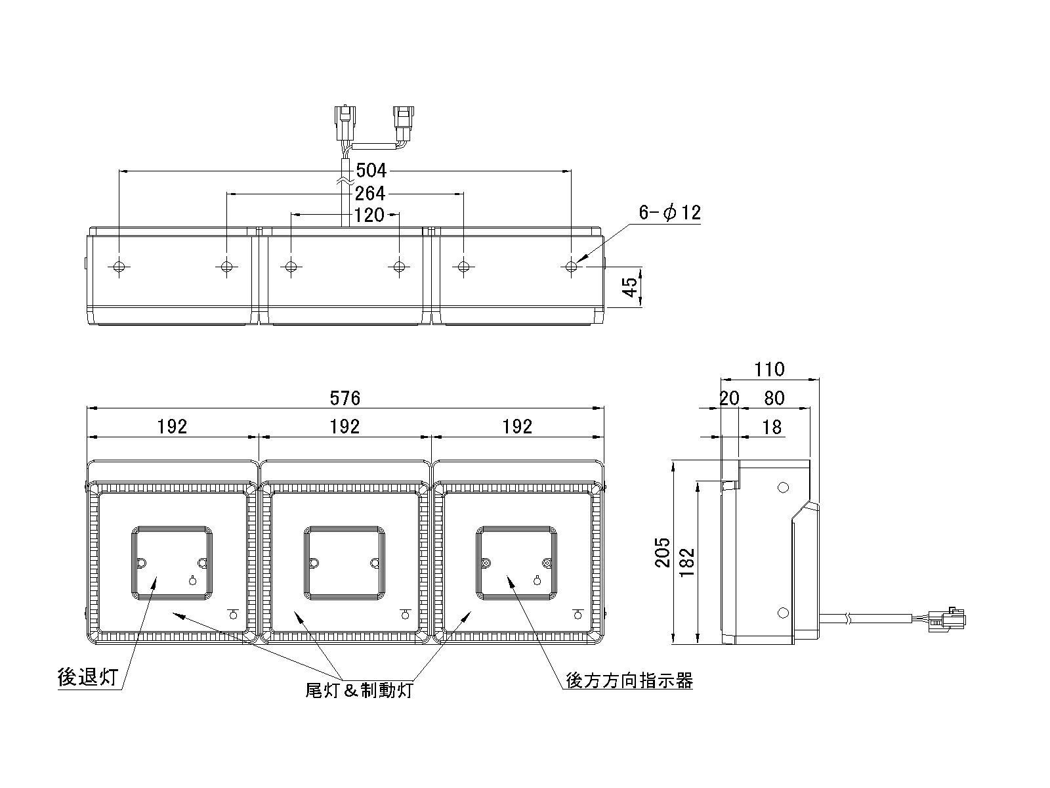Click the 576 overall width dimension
345,398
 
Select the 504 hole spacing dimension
371,170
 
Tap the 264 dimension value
369,194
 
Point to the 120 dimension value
369,215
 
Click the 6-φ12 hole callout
670,212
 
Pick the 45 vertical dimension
631,286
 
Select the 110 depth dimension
770,369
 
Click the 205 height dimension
663,552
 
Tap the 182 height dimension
687,561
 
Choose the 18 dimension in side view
772,427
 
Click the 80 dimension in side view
774,398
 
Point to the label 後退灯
88,678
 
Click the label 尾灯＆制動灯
359,690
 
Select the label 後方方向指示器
629,680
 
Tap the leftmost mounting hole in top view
119,266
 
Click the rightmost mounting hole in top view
571,266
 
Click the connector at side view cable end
947,620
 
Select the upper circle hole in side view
783,488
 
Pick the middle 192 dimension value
345,427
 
